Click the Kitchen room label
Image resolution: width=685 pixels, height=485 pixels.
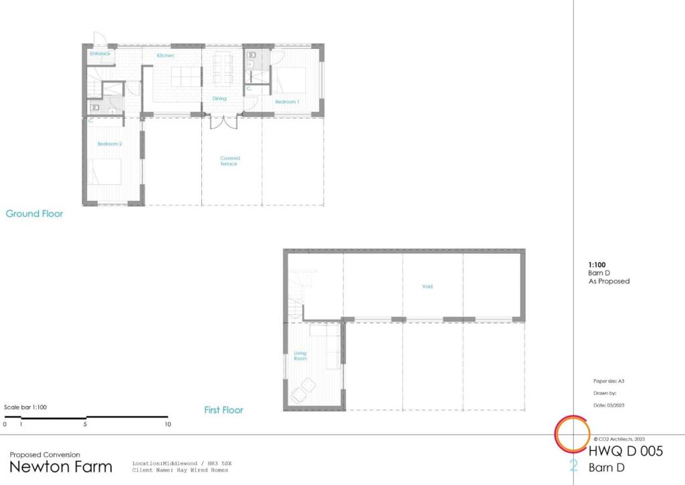point(165,56)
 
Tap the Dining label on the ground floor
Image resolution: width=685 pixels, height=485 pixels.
point(219,98)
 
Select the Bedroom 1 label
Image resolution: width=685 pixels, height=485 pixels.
point(287,101)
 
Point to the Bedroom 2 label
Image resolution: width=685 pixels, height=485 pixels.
point(110,144)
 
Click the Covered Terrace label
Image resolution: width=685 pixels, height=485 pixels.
point(229,161)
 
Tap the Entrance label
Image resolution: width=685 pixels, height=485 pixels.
point(100,53)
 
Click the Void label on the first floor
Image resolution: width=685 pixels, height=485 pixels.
point(427,287)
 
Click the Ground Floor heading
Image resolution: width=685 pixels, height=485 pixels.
point(34,214)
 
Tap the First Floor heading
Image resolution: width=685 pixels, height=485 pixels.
point(223,410)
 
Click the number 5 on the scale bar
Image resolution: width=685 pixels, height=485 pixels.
point(86,424)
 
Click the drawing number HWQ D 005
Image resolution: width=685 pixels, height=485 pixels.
point(625,452)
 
